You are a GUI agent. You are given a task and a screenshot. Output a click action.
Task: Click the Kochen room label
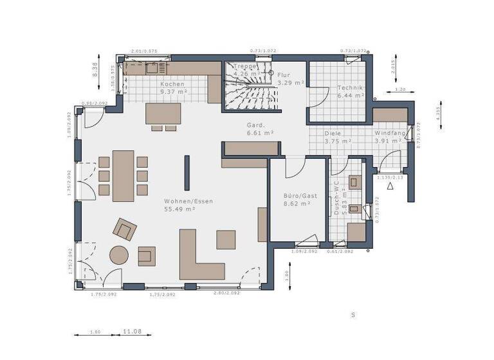click(x=172, y=84)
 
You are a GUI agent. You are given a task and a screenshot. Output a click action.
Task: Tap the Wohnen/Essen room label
click(x=188, y=201)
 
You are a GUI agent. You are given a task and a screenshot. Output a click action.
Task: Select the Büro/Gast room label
click(x=297, y=195)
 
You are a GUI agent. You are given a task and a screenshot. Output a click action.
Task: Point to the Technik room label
click(x=351, y=87)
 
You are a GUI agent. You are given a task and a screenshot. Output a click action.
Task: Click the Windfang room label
click(x=390, y=133)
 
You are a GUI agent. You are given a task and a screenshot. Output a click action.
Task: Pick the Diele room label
click(x=333, y=133)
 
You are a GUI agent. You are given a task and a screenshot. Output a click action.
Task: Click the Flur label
click(x=284, y=75)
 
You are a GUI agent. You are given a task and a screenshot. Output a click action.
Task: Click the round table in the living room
click(x=119, y=256)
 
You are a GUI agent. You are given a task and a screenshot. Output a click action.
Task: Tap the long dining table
click(x=123, y=175)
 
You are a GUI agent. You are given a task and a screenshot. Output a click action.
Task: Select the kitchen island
click(x=163, y=114)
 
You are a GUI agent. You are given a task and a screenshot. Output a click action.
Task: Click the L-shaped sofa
click(x=199, y=260)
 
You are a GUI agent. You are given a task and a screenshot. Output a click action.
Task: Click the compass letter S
click(x=352, y=315)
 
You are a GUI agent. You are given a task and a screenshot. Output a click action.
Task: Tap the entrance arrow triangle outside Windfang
click(x=390, y=186)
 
